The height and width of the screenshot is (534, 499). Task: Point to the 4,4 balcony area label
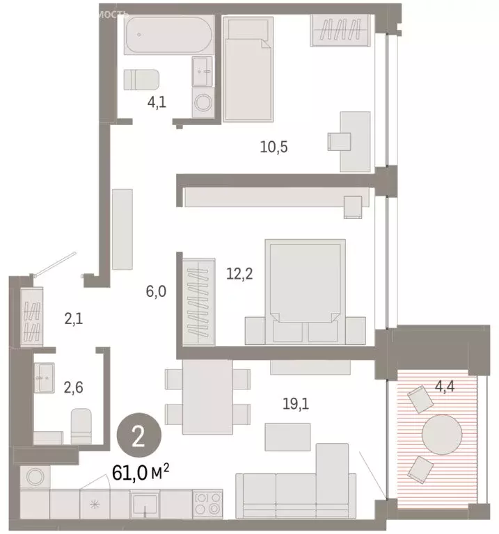point(455,380)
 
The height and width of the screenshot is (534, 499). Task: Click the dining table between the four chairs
point(206,393)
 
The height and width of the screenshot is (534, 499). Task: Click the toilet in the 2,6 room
point(82,425)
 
